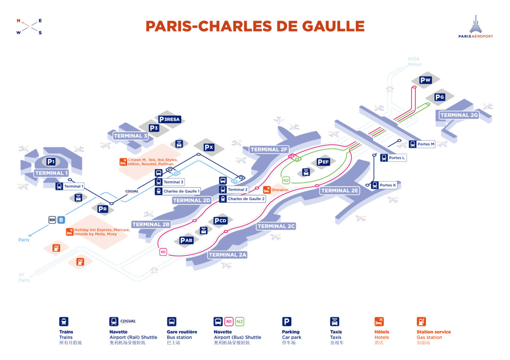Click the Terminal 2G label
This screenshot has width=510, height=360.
pyautogui.click(x=459, y=115)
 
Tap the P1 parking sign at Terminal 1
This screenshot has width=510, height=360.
pyautogui.click(x=51, y=162)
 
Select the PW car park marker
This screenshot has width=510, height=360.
pyautogui.click(x=425, y=80)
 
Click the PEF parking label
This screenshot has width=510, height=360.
pyautogui.click(x=323, y=162)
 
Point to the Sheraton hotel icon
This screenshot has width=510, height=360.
pyautogui.click(x=267, y=190)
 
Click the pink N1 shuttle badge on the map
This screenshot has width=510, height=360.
pyautogui.click(x=163, y=252)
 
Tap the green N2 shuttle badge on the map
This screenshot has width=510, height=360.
pyautogui.click(x=286, y=180)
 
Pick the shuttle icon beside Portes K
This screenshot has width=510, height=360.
pyautogui.click(x=374, y=185)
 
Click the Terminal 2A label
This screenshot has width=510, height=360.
pyautogui.click(x=228, y=255)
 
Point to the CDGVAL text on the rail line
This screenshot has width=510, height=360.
pyautogui.click(x=132, y=191)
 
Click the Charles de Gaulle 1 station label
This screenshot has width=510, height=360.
pyautogui.click(x=181, y=191)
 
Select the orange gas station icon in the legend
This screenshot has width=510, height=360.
pyautogui.click(x=421, y=322)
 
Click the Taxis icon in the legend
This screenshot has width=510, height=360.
pyautogui.click(x=334, y=322)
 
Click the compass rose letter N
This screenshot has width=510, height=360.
pyautogui.click(x=18, y=20)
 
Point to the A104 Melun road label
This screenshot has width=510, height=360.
pyautogui.click(x=414, y=62)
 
